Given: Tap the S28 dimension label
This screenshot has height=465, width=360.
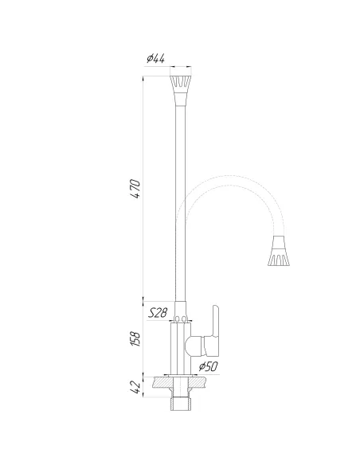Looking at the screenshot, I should coord(158,314).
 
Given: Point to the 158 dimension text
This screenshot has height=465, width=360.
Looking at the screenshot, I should coord(136,339).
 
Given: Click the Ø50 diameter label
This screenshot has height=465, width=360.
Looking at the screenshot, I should coord(208,366).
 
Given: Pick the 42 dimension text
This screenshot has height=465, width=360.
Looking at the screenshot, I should coord(136,388).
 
